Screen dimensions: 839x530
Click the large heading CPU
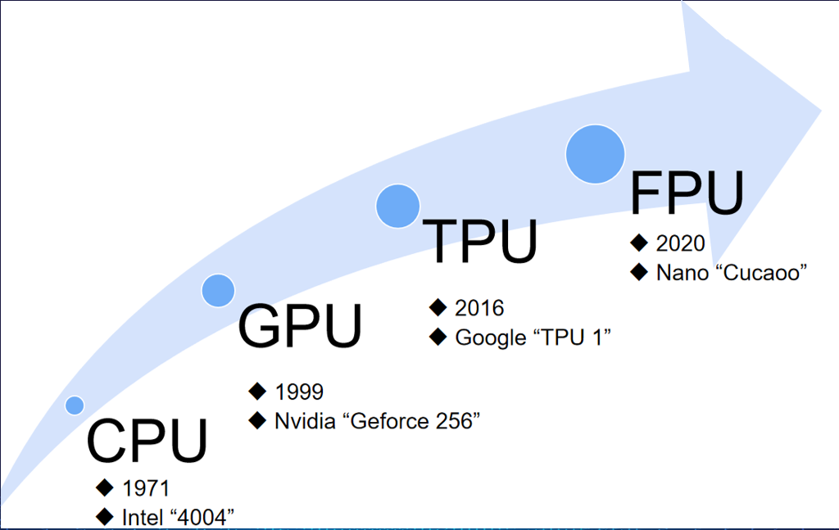(147, 441)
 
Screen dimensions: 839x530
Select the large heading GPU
(300, 325)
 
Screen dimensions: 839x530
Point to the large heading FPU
(687, 193)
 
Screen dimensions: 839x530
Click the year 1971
(146, 489)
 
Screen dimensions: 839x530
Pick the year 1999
(299, 392)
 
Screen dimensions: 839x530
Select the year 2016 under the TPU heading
(479, 308)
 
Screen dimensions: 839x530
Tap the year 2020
(680, 243)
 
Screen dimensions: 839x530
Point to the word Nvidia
(304, 421)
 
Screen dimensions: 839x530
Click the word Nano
(679, 273)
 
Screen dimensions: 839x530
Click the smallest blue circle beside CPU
(75, 405)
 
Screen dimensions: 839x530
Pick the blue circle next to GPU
(218, 290)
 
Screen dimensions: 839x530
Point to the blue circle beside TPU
(398, 206)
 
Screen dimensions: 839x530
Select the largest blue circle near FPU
(596, 153)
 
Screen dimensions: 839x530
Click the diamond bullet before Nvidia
(258, 420)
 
